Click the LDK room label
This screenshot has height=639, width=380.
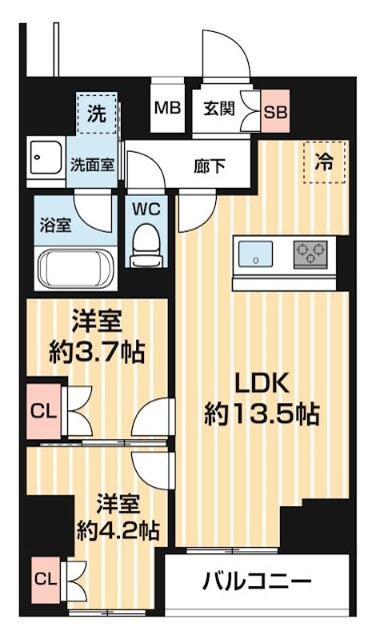263,382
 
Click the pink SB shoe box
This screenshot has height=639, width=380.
275,111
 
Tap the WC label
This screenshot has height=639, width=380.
146,209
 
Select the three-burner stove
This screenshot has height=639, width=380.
311,252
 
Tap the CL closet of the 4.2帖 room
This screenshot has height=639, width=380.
45,577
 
